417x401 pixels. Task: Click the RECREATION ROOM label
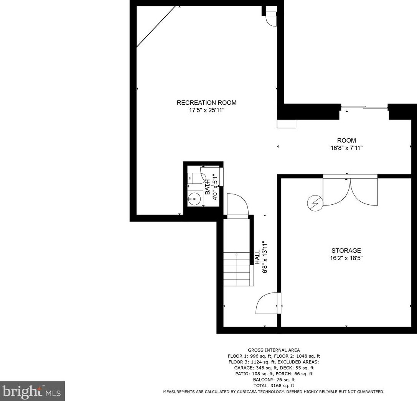click(x=206, y=102)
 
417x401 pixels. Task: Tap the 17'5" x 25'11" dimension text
click(x=206, y=110)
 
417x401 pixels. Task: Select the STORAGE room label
click(x=346, y=250)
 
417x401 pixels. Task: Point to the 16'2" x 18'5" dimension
click(x=346, y=258)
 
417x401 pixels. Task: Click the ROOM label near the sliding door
click(x=346, y=140)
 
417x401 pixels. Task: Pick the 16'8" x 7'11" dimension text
click(x=346, y=148)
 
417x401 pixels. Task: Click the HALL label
click(x=257, y=256)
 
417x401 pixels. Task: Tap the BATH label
click(x=208, y=188)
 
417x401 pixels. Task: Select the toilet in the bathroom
click(x=196, y=178)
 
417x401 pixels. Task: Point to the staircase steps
click(x=237, y=268)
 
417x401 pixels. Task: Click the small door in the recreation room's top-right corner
click(x=271, y=18)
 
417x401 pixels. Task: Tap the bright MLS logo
click(x=32, y=391)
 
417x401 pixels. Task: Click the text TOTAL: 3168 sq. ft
click(x=274, y=385)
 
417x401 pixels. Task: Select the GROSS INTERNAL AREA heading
click(x=274, y=350)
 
